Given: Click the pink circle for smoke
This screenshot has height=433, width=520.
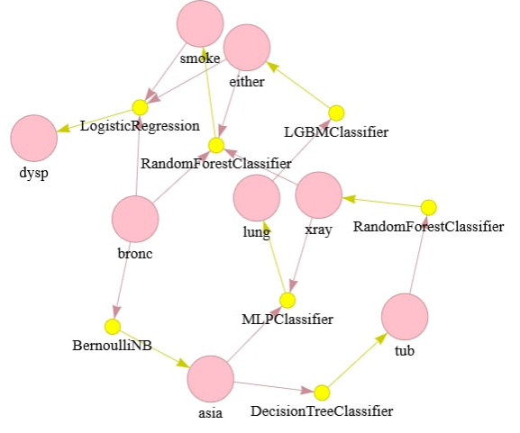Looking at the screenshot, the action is pyautogui.click(x=200, y=23).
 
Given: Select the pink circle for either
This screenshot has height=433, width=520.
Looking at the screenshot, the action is pyautogui.click(x=247, y=48).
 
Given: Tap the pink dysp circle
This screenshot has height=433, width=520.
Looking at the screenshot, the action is pyautogui.click(x=34, y=138).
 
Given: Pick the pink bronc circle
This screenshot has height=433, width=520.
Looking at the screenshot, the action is pyautogui.click(x=135, y=219).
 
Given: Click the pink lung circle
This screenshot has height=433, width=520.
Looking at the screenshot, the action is pyautogui.click(x=257, y=198).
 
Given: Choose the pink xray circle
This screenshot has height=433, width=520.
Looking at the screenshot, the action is pyautogui.click(x=319, y=195).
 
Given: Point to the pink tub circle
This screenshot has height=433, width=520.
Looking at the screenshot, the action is pyautogui.click(x=405, y=317).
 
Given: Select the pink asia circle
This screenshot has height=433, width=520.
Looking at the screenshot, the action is pyautogui.click(x=211, y=379).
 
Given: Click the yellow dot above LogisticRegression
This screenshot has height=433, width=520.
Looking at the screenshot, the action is pyautogui.click(x=140, y=107).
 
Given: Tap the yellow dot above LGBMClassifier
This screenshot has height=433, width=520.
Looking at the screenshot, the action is pyautogui.click(x=336, y=113).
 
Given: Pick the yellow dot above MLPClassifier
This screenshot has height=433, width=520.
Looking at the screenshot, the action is pyautogui.click(x=287, y=301).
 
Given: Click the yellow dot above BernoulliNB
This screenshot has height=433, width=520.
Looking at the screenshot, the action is pyautogui.click(x=113, y=327).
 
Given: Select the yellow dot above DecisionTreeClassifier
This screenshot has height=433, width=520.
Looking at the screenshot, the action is pyautogui.click(x=322, y=392).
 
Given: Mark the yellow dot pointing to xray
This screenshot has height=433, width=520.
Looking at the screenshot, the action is pyautogui.click(x=428, y=208).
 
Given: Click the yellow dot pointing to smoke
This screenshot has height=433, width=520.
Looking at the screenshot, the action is pyautogui.click(x=216, y=146).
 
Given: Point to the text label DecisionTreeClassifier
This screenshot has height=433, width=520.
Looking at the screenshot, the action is pyautogui.click(x=322, y=411).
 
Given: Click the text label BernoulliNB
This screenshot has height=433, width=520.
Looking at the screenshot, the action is pyautogui.click(x=112, y=346).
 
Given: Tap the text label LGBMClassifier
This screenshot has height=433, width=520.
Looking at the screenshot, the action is pyautogui.click(x=336, y=132).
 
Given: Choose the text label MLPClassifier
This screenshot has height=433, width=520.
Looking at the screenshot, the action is pyautogui.click(x=287, y=320).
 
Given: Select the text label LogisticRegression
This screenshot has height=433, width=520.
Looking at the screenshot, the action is pyautogui.click(x=140, y=126).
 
